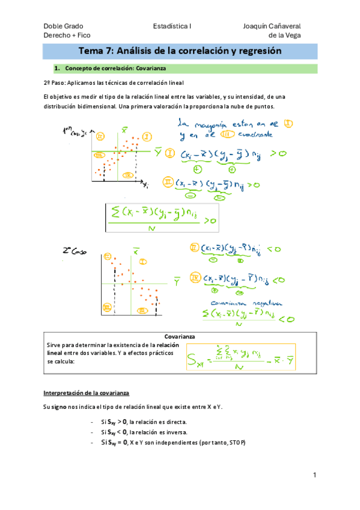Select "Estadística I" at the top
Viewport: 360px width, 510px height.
[172, 26]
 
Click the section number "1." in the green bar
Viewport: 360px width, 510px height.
[58, 69]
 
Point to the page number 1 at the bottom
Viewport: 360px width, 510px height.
[314, 475]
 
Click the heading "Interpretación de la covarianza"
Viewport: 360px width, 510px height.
[86, 393]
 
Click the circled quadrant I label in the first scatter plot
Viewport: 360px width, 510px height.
[147, 137]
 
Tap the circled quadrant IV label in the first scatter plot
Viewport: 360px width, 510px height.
[127, 174]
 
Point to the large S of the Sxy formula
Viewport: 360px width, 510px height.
[194, 360]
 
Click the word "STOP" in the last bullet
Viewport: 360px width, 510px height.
[235, 443]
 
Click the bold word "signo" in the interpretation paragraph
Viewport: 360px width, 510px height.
[58, 407]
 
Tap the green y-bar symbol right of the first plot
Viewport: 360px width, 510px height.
[158, 153]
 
